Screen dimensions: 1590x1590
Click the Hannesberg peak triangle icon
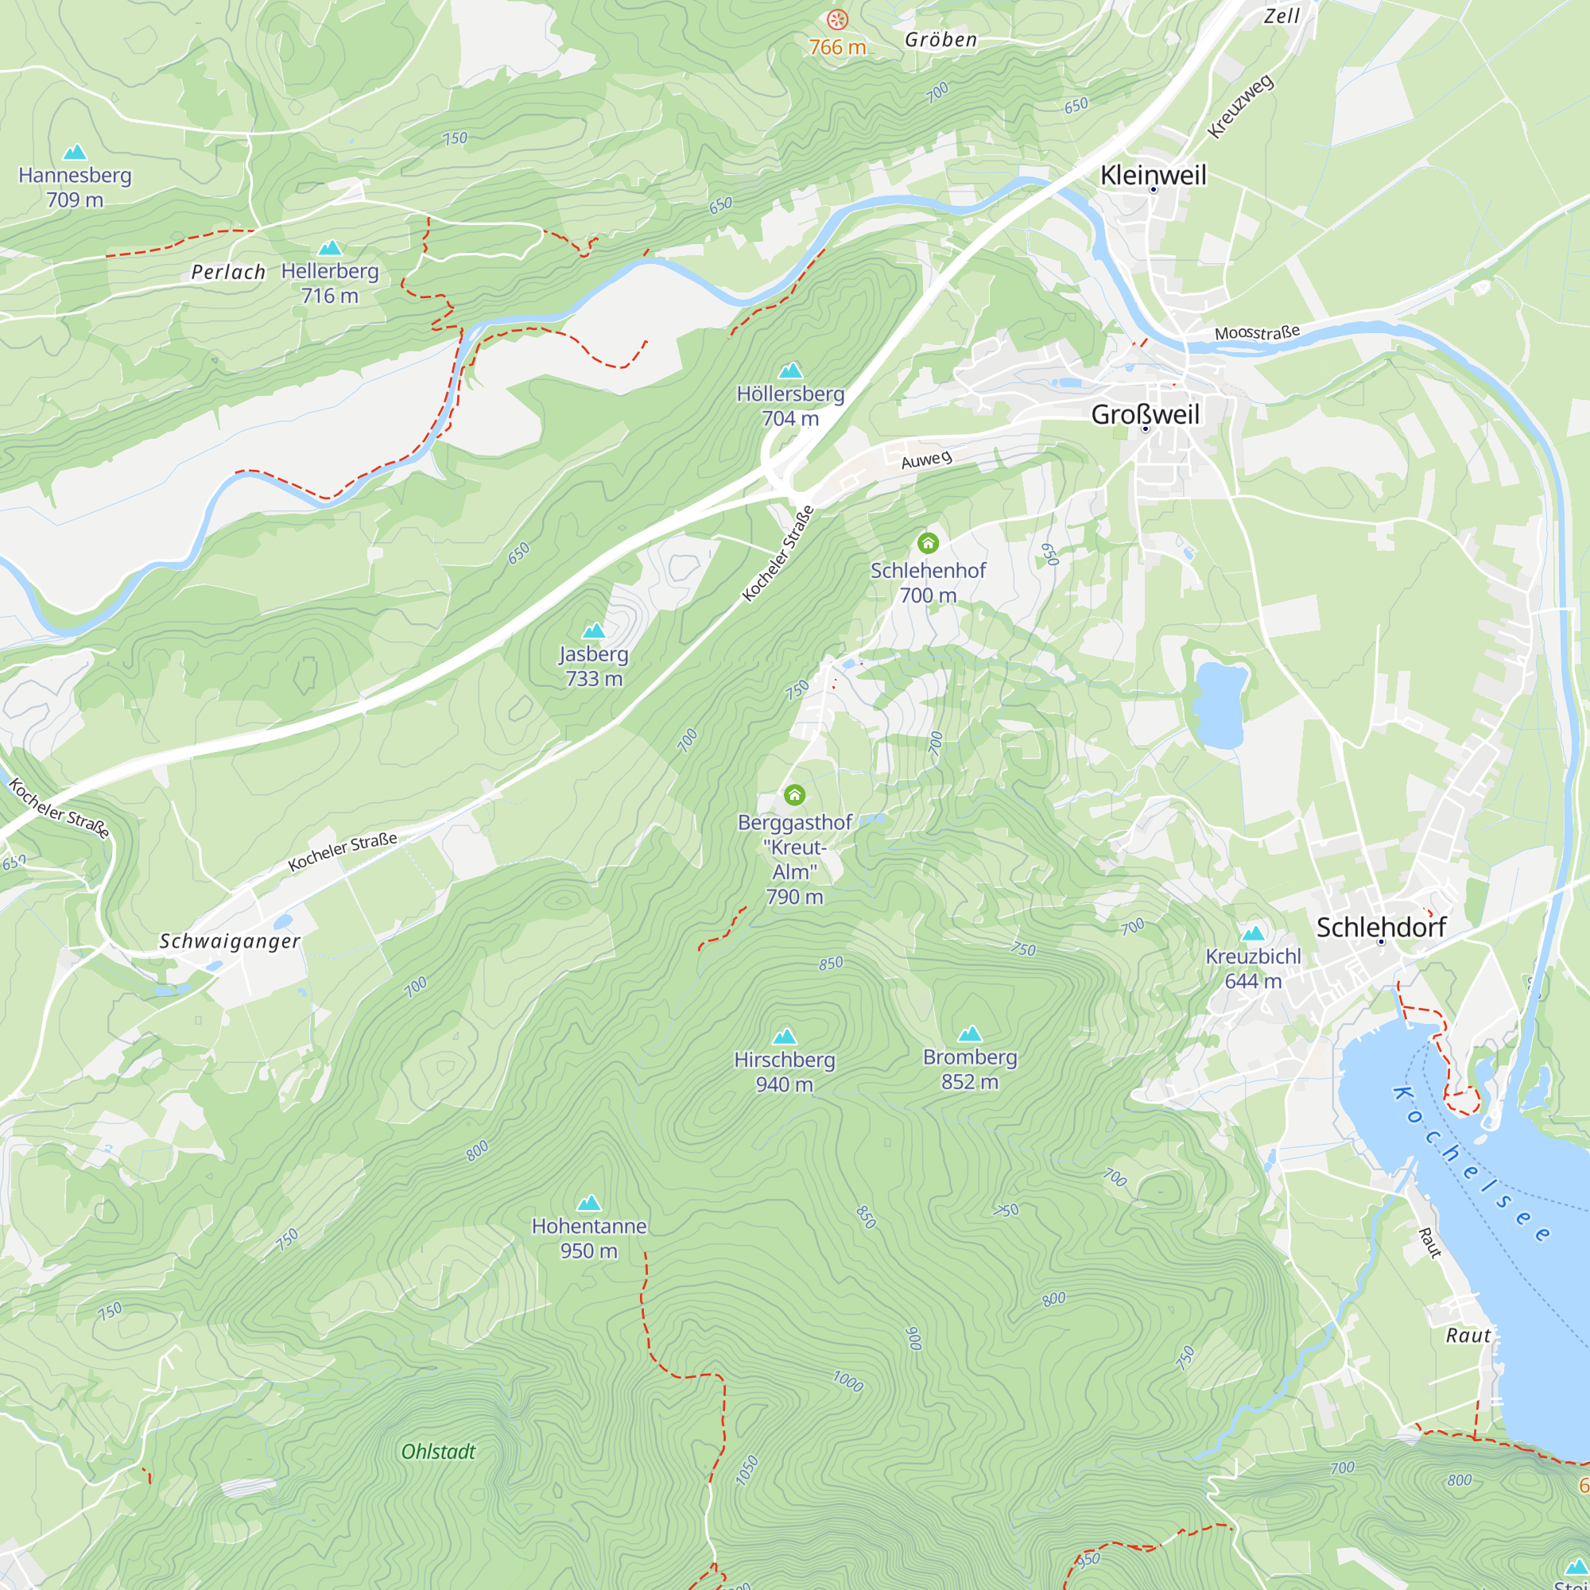(x=75, y=153)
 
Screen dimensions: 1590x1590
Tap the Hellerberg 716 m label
(x=330, y=282)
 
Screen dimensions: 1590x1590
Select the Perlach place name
(x=228, y=273)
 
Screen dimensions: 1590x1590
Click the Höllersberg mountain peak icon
(x=790, y=370)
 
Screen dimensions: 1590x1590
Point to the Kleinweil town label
(x=1152, y=174)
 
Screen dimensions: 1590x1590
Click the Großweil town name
(x=1145, y=414)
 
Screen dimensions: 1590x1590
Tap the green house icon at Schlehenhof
(x=928, y=542)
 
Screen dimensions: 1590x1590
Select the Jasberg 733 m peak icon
(x=593, y=630)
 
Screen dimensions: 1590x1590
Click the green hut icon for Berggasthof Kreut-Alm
(x=794, y=794)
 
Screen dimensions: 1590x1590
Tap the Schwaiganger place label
(x=230, y=940)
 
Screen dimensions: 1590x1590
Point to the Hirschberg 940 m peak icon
(x=785, y=1036)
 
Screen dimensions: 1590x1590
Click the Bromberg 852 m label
(x=969, y=1068)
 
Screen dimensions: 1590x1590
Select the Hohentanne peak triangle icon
(x=588, y=1203)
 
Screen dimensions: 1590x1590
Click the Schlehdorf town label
(x=1380, y=927)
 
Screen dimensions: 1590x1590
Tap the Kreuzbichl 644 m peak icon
(x=1253, y=933)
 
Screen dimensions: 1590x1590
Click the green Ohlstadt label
(x=438, y=1452)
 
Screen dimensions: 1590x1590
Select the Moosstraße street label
(x=1257, y=332)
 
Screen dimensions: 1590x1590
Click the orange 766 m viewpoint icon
(x=837, y=19)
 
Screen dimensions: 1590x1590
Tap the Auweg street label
(x=926, y=460)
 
